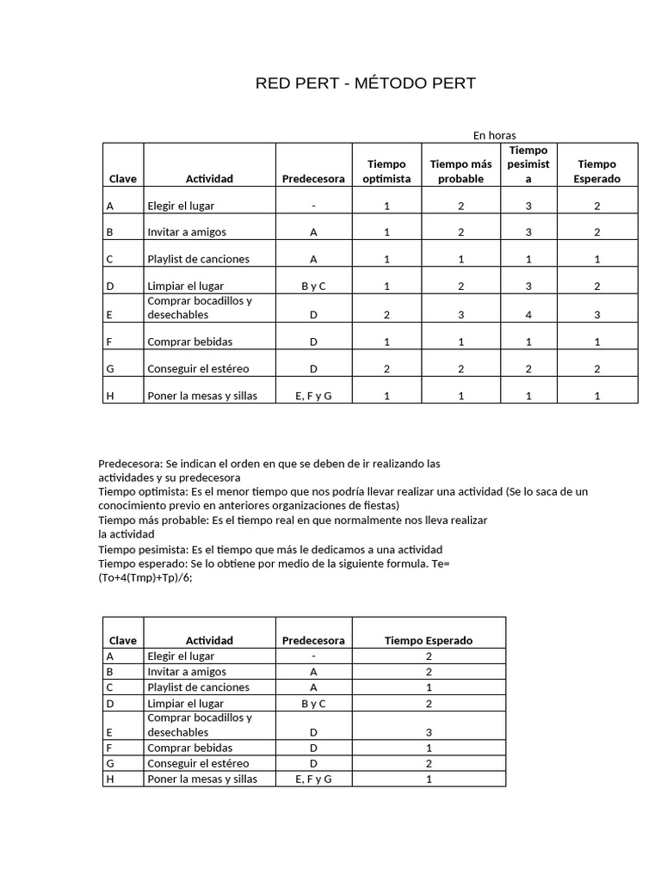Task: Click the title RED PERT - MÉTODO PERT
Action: [x=365, y=83]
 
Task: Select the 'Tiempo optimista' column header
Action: [x=386, y=171]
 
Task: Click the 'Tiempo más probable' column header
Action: [x=460, y=171]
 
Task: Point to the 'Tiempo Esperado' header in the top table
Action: [x=596, y=171]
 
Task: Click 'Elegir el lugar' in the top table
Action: [x=181, y=206]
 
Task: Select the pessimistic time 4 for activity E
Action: [x=528, y=315]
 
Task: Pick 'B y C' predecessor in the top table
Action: [x=313, y=286]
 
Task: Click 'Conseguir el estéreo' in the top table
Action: [x=198, y=368]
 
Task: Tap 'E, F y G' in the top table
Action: [x=313, y=395]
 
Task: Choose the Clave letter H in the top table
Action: [x=109, y=395]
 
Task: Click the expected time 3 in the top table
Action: [x=596, y=315]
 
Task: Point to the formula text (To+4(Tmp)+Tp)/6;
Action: [x=145, y=578]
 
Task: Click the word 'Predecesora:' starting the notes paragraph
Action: [x=130, y=464]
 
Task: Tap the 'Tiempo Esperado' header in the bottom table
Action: [x=429, y=640]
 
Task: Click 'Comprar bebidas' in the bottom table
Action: [x=190, y=748]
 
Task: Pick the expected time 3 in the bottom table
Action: [x=429, y=732]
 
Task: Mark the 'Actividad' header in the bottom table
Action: [x=209, y=640]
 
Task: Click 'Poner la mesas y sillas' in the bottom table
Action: [x=202, y=779]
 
